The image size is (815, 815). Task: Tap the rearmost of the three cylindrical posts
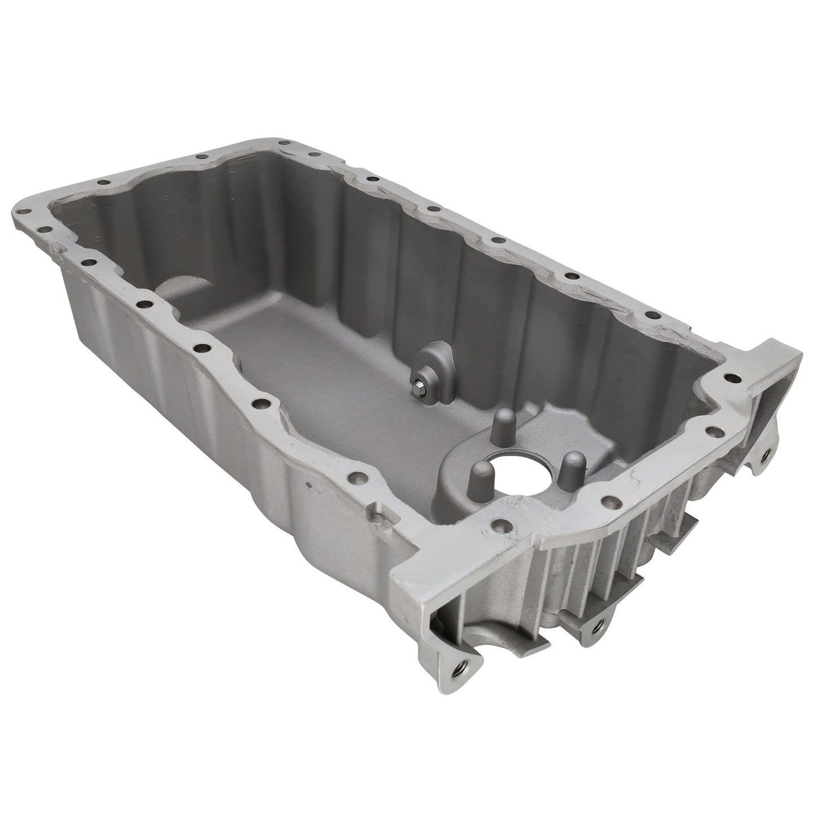(x=504, y=424)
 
